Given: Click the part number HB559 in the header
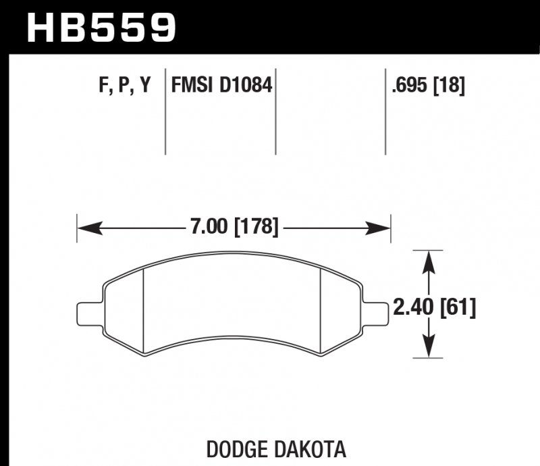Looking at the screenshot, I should tap(101, 26).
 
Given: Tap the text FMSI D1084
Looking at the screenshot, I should tap(221, 86).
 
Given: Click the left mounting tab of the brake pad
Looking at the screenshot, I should tap(89, 313).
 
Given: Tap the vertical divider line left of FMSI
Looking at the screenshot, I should tap(166, 111).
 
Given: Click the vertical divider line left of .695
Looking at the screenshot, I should tap(385, 111).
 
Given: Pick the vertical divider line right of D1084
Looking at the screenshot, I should tap(276, 111).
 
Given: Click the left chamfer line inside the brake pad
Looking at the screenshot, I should tap(146, 311).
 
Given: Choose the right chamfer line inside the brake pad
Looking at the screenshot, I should tap(319, 311).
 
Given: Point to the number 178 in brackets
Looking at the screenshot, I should tap(256, 227).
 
